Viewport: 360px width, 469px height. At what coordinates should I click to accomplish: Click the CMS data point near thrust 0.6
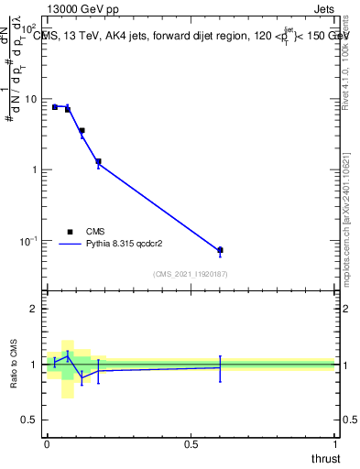coord(220,250)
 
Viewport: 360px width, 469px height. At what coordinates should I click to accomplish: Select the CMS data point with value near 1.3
coord(98,161)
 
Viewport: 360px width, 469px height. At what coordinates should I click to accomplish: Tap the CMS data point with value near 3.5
coord(82,131)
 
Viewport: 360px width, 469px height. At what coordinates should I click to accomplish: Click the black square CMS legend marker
coord(71,232)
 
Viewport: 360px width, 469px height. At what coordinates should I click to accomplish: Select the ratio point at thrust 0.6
coord(220,367)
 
